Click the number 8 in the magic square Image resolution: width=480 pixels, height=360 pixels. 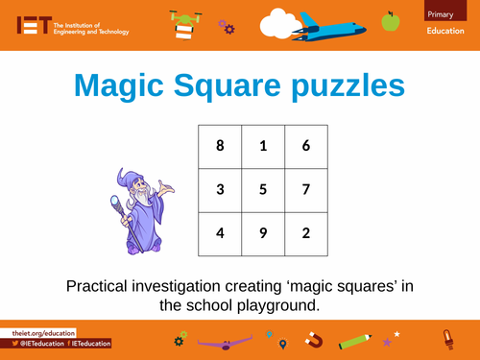coord(220,146)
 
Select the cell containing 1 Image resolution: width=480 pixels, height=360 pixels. coord(262,146)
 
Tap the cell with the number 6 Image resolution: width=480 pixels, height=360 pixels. coord(305,146)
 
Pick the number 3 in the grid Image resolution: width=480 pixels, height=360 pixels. coord(220,189)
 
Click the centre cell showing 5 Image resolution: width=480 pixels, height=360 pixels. coord(262,189)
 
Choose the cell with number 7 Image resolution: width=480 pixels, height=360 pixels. coord(305,189)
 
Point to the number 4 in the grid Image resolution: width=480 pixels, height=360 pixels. coord(220,232)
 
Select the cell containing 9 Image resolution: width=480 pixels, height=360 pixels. coord(262,232)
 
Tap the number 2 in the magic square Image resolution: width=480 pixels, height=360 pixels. coord(305,232)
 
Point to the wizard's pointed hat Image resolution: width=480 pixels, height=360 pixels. coord(126,180)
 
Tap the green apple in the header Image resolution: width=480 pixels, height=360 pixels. coord(390,20)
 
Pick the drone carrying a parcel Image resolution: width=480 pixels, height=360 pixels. coord(182,23)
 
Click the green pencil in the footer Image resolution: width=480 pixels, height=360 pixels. coord(355,339)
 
